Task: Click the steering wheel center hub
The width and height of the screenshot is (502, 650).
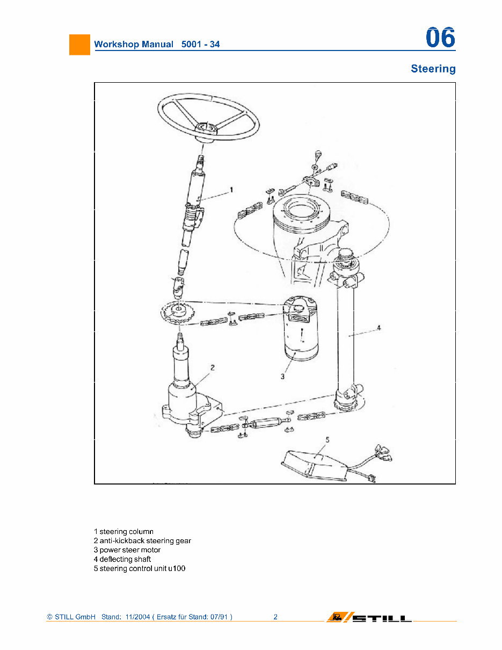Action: pyautogui.click(x=206, y=127)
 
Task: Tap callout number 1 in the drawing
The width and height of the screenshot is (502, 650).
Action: pyautogui.click(x=231, y=190)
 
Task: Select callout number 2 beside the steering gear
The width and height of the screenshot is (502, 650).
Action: pyautogui.click(x=213, y=368)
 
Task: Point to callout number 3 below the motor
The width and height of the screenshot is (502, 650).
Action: pyautogui.click(x=282, y=377)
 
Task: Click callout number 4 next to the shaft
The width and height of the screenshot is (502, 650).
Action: pyautogui.click(x=379, y=327)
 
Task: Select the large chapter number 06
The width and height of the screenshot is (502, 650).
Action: pyautogui.click(x=440, y=38)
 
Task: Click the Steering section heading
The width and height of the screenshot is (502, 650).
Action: pyautogui.click(x=433, y=69)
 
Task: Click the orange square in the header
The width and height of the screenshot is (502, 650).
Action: pyautogui.click(x=79, y=44)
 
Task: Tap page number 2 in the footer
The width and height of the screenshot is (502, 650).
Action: pyautogui.click(x=275, y=617)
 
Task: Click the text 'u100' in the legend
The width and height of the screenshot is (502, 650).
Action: pyautogui.click(x=177, y=568)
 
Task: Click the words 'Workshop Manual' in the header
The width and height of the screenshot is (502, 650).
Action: pyautogui.click(x=134, y=44)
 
